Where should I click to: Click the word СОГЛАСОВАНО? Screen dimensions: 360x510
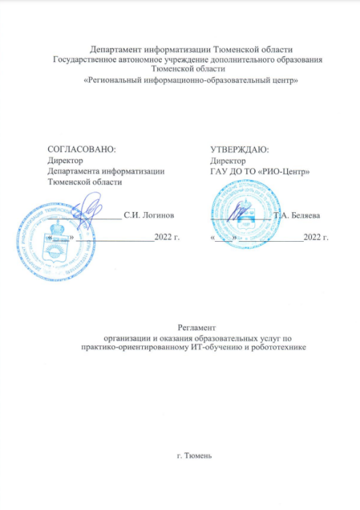pos(81,149)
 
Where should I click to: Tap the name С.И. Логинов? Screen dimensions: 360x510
pos(149,216)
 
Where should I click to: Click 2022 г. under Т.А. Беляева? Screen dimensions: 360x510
pos(316,238)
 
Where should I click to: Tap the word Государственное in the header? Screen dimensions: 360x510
pos(93,58)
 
